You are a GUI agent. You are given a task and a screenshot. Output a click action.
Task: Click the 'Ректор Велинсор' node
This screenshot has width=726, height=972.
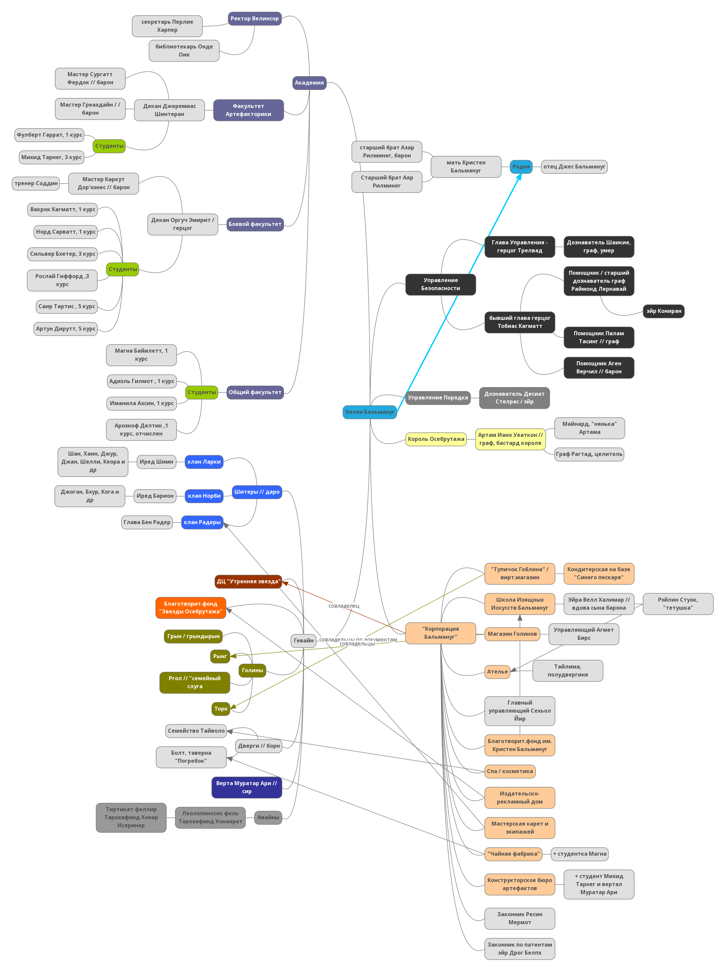[x=254, y=18]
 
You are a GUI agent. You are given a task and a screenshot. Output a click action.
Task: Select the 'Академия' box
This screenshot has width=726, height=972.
[x=309, y=83]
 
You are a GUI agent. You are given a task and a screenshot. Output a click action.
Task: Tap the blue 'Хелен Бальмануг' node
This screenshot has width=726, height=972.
[x=370, y=412]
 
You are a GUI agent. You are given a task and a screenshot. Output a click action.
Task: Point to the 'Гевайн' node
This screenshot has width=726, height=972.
[x=304, y=640]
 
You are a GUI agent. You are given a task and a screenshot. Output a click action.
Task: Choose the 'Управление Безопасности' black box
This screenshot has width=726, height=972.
[x=440, y=284]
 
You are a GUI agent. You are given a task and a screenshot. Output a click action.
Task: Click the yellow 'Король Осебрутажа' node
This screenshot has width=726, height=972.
[x=436, y=439]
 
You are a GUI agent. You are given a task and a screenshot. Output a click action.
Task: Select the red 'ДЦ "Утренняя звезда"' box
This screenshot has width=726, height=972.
[x=248, y=582]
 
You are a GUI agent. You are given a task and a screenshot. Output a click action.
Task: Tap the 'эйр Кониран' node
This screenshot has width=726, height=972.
[x=663, y=311]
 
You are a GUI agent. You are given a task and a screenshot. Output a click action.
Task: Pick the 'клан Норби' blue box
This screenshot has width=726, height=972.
[x=204, y=496]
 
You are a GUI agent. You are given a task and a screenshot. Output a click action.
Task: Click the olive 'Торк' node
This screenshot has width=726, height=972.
[x=221, y=709]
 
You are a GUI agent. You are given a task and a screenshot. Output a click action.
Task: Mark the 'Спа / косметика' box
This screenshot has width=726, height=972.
[x=510, y=771]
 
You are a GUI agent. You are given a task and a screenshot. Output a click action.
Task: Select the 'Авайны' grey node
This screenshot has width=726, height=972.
[x=268, y=817]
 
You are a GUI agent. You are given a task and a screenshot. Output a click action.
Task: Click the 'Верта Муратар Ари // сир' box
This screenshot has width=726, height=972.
[x=246, y=787]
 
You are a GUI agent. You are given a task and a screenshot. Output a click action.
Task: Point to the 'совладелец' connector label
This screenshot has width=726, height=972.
[x=344, y=606]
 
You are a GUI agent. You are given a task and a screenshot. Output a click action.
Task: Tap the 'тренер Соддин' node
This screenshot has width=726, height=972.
[x=36, y=183]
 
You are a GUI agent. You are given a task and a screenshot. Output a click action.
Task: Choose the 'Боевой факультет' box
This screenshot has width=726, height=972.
[x=255, y=224]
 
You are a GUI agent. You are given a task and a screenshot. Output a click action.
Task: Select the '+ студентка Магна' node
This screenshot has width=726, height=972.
[x=580, y=854]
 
